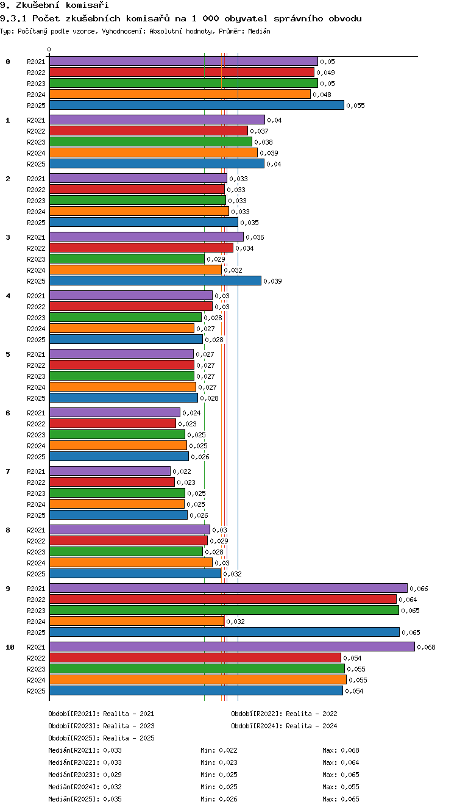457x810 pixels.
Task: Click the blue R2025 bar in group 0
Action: (x=197, y=106)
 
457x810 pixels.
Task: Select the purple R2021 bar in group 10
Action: (x=232, y=647)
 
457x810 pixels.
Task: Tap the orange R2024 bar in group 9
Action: (x=137, y=621)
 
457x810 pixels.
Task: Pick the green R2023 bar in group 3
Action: (x=127, y=259)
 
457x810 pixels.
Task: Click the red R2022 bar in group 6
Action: (x=113, y=423)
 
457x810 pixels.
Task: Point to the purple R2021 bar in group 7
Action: (x=110, y=471)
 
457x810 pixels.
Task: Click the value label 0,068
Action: (x=427, y=647)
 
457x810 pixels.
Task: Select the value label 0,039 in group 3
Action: (x=272, y=281)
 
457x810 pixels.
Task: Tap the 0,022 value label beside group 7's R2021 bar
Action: (x=182, y=471)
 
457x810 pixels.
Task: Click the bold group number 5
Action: (x=8, y=354)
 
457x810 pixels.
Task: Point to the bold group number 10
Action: (x=10, y=647)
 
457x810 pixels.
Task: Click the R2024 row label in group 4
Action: (x=36, y=329)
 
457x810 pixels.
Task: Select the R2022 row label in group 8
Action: (x=36, y=541)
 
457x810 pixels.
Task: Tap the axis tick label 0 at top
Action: (x=49, y=49)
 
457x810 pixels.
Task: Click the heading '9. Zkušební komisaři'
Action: (x=54, y=5)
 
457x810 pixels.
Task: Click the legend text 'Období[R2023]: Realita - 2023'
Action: (x=101, y=726)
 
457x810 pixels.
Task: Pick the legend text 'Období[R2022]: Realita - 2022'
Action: (x=284, y=714)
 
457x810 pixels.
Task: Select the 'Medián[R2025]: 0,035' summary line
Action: (x=85, y=799)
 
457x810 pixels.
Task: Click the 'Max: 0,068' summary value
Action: (x=341, y=750)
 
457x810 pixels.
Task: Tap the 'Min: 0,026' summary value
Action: (x=219, y=799)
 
